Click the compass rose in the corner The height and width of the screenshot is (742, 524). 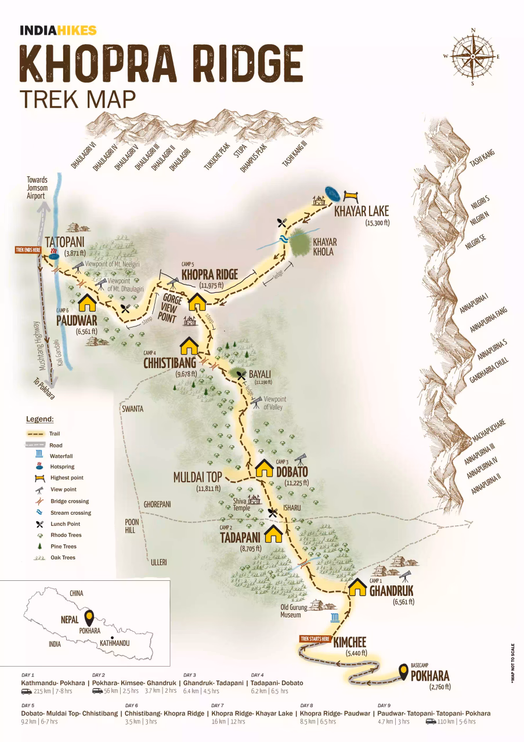tap(472, 56)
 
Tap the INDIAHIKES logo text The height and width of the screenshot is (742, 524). tap(58, 31)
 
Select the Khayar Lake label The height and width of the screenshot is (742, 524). tap(361, 211)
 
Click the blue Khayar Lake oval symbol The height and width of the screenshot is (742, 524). tap(333, 193)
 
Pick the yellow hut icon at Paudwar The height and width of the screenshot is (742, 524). tap(86, 302)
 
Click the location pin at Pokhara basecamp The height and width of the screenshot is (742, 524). tap(403, 672)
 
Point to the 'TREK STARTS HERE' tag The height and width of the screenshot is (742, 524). tap(315, 639)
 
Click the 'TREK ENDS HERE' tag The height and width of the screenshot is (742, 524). tap(28, 250)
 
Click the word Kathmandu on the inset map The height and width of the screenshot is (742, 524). tap(114, 643)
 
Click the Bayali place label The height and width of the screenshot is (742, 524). tap(259, 374)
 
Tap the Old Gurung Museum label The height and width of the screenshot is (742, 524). tap(294, 612)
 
